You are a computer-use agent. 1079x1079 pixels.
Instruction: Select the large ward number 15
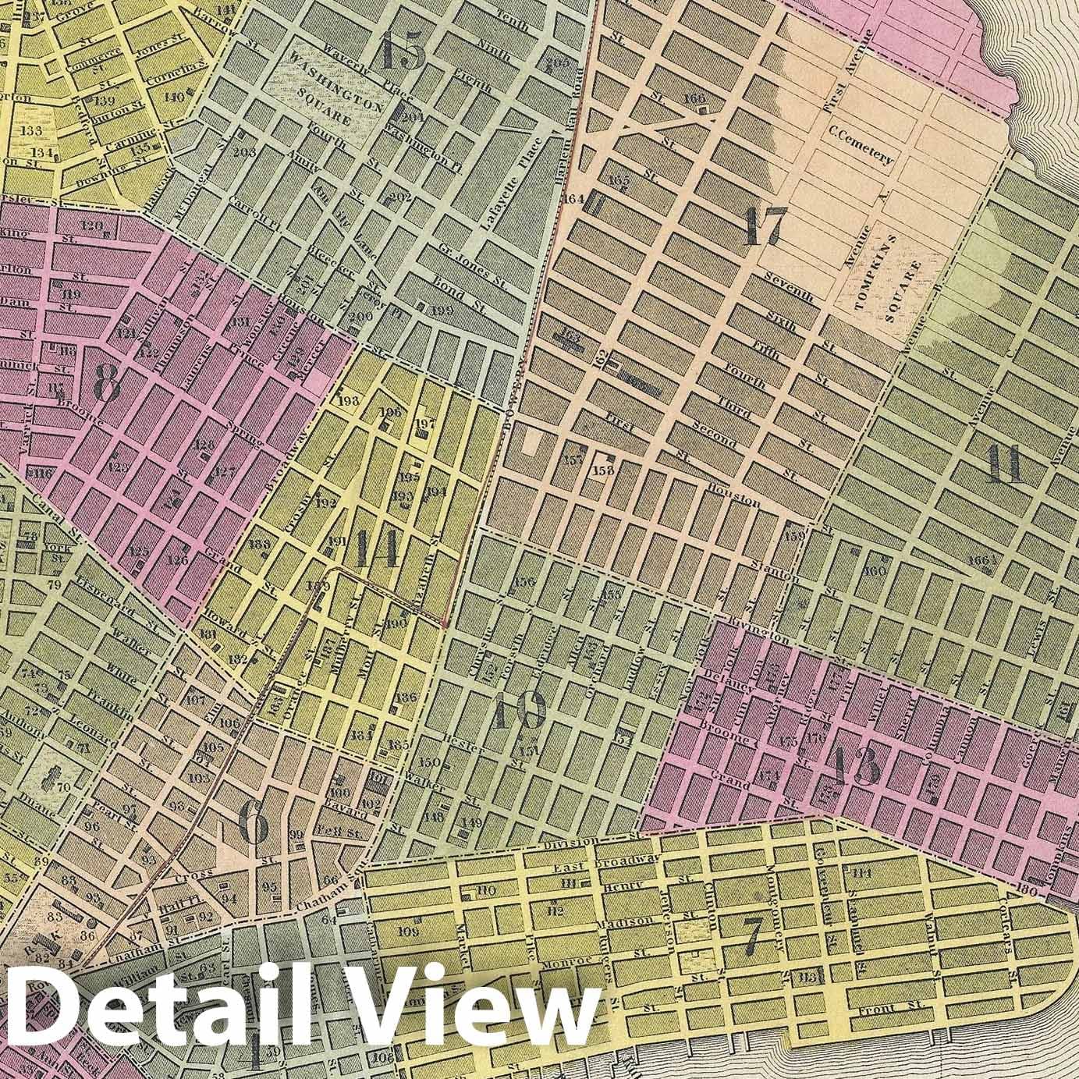[x=403, y=51]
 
